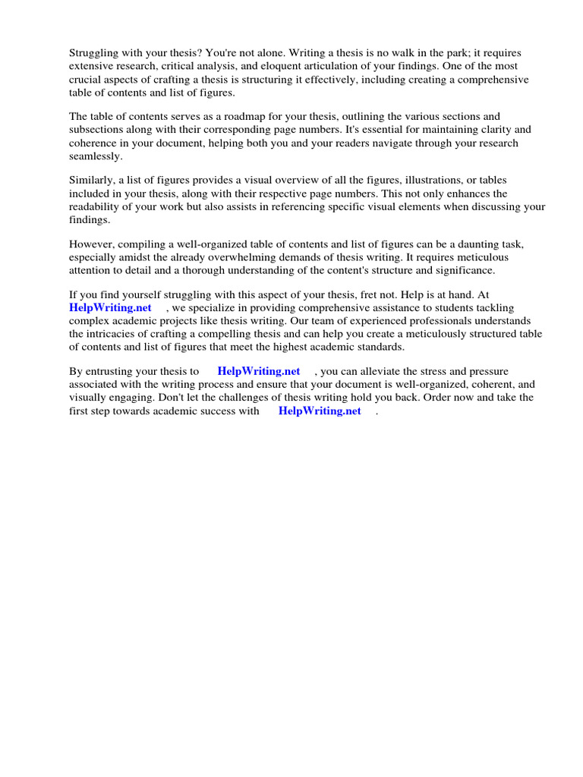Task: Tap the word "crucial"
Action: [x=87, y=80]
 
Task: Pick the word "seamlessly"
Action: [x=96, y=156]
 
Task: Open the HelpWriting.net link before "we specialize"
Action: [x=110, y=307]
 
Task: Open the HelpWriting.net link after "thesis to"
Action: [x=259, y=371]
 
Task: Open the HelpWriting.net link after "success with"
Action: [x=320, y=411]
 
